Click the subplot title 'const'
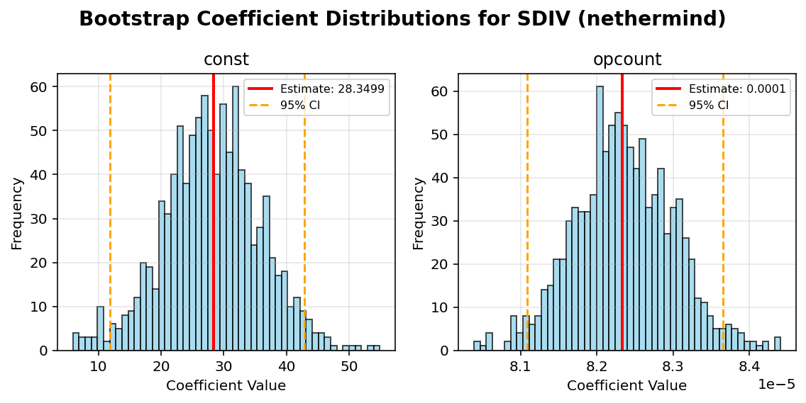point(226,59)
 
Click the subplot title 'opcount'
point(626,59)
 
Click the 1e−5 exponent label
point(776,384)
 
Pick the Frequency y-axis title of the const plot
point(17,212)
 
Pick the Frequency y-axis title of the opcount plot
point(419,212)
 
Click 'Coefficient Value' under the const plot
point(226,386)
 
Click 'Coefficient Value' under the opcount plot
point(626,386)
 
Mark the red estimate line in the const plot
point(213,212)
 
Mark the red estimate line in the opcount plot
point(622,212)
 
